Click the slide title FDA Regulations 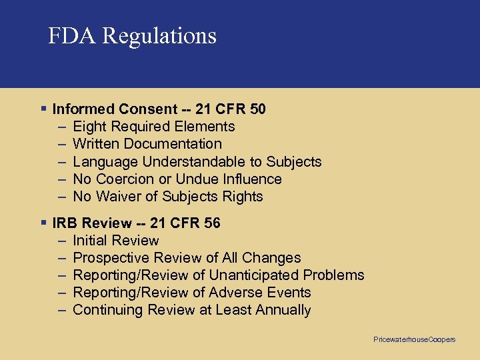132,35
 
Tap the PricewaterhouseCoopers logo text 414,339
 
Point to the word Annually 283,310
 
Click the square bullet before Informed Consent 43,108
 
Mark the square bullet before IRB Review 43,223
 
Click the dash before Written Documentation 61,144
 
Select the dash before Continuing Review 61,310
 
